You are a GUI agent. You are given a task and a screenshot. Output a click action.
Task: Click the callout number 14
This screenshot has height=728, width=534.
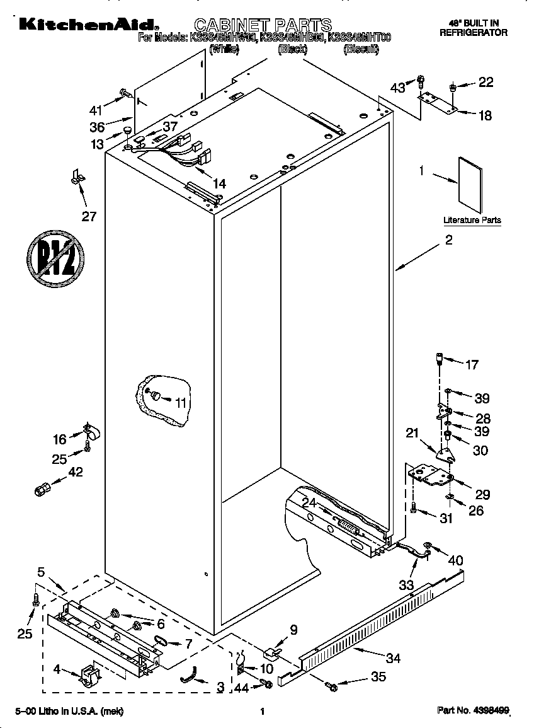point(219,184)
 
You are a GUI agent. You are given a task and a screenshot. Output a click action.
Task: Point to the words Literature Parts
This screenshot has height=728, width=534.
point(472,220)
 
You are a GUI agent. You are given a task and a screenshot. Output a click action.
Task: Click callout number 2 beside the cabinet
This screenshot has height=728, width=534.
point(448,240)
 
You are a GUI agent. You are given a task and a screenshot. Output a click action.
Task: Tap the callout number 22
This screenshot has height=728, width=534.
point(486,82)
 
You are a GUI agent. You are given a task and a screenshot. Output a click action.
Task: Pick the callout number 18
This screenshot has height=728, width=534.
point(485,115)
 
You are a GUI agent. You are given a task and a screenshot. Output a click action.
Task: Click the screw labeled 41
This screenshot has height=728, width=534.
point(125,95)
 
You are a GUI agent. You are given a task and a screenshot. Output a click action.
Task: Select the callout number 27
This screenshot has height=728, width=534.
point(89,216)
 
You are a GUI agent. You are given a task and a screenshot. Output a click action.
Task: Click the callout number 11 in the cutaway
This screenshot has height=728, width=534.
point(181,402)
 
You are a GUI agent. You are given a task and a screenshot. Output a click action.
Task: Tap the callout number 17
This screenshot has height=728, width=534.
point(471,364)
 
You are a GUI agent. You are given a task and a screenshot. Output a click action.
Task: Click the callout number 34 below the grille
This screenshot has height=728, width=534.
point(392,658)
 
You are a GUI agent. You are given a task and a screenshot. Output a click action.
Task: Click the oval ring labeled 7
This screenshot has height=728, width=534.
point(160,642)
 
